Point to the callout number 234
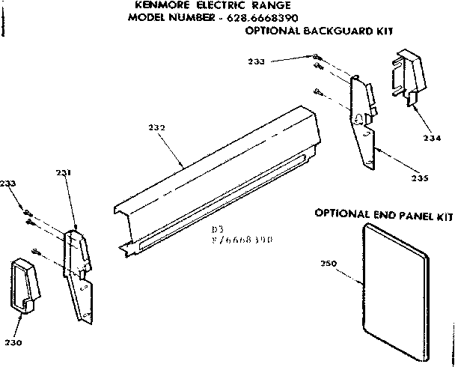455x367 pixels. (x=433, y=137)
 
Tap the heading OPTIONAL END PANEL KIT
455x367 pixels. (x=384, y=214)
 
